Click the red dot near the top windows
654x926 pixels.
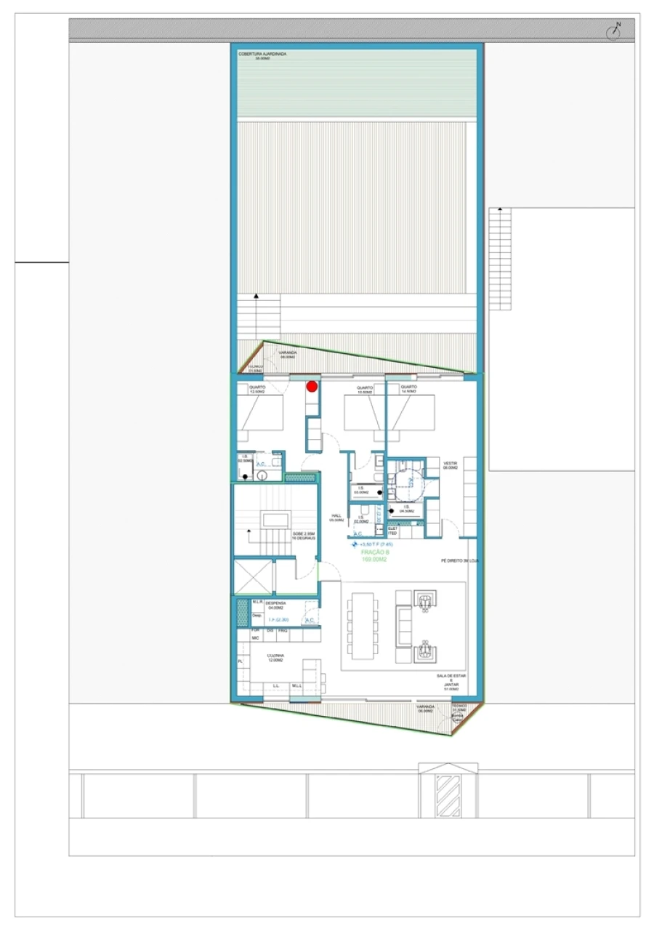tap(312, 386)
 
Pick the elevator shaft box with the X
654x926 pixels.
tap(251, 577)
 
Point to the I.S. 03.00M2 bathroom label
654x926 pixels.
tap(360, 491)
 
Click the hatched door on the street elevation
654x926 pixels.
tap(448, 795)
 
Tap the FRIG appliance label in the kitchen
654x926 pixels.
tap(283, 630)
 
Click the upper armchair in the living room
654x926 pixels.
tap(424, 599)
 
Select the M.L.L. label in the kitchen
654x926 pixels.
tap(297, 685)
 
